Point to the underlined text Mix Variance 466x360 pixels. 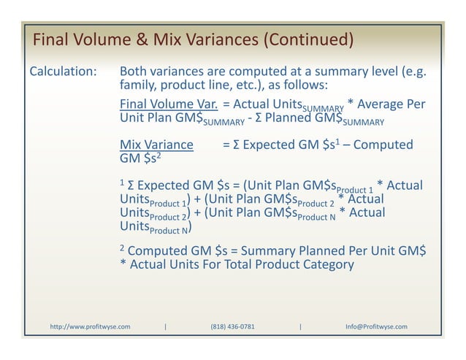click(x=156, y=145)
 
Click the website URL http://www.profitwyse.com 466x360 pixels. click(x=90, y=326)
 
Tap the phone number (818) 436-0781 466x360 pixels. click(x=232, y=326)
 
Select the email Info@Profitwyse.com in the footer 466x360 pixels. click(x=376, y=326)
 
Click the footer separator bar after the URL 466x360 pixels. click(x=166, y=326)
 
